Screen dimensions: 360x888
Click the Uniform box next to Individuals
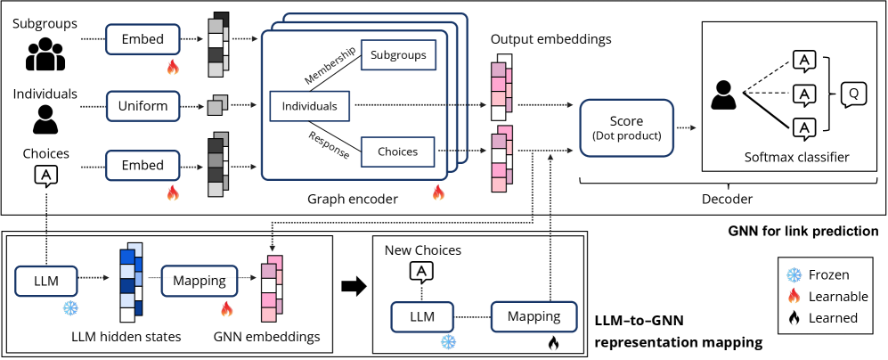click(x=143, y=106)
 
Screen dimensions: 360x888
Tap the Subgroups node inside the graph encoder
click(x=398, y=55)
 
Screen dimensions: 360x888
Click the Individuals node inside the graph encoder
click(x=309, y=106)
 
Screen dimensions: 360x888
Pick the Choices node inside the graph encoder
click(x=396, y=152)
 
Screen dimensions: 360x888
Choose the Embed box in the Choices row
click(x=143, y=165)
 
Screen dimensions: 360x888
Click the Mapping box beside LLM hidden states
click(x=198, y=280)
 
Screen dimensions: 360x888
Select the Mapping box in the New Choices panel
click(x=533, y=315)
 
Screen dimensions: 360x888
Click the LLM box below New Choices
click(x=422, y=315)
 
